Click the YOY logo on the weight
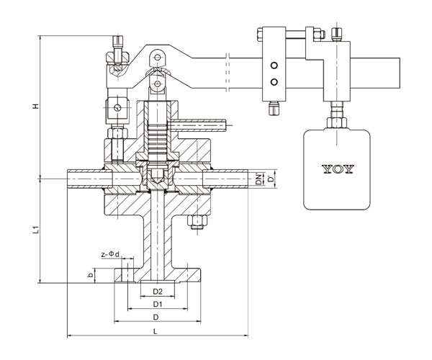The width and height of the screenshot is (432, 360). click(x=338, y=169)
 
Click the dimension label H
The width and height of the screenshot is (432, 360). click(x=36, y=106)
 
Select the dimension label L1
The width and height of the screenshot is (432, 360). click(x=36, y=230)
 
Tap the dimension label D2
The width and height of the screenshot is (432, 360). click(x=158, y=292)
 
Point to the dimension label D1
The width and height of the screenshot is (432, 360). click(x=157, y=304)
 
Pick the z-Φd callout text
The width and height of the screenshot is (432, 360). click(x=110, y=254)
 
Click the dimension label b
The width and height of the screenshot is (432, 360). click(x=89, y=275)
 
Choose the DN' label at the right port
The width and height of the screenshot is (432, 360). click(x=258, y=179)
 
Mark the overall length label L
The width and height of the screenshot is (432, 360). click(x=156, y=331)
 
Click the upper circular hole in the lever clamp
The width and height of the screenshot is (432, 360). click(x=274, y=66)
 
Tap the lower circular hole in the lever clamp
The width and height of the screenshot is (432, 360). click(x=274, y=82)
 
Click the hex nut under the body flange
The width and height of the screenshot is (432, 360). click(x=197, y=222)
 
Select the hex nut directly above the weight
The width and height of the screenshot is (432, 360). click(x=337, y=122)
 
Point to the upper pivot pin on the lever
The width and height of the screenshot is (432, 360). click(x=157, y=58)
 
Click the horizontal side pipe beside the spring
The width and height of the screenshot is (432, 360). click(x=199, y=125)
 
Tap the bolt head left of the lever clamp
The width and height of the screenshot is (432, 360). click(x=259, y=35)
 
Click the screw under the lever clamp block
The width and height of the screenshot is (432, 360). click(x=274, y=108)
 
